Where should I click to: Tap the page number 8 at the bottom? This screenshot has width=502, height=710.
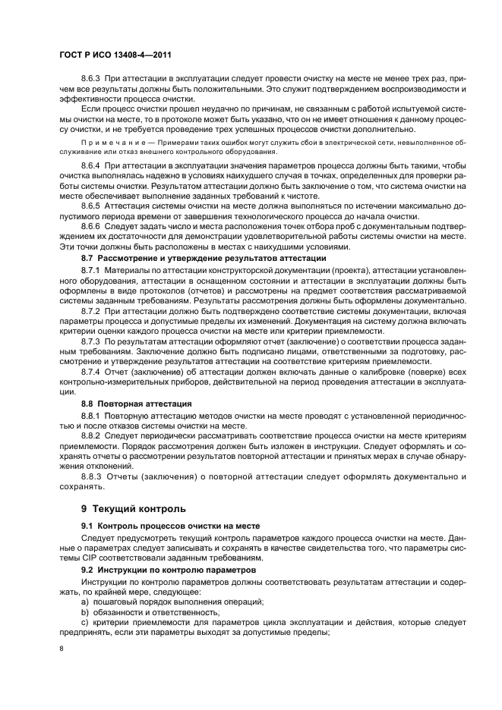[x=62, y=649]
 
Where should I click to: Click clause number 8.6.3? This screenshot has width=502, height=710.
[x=93, y=79]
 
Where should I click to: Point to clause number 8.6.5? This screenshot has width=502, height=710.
[x=93, y=206]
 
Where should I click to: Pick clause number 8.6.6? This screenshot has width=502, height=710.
[x=93, y=226]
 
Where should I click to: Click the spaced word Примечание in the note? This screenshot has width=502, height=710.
[x=112, y=142]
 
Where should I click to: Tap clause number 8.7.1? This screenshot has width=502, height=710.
[x=93, y=269]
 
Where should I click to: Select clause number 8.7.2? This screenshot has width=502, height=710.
[x=93, y=311]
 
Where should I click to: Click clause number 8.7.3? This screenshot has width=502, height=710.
[x=93, y=341]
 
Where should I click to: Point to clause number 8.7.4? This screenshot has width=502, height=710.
[x=93, y=372]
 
